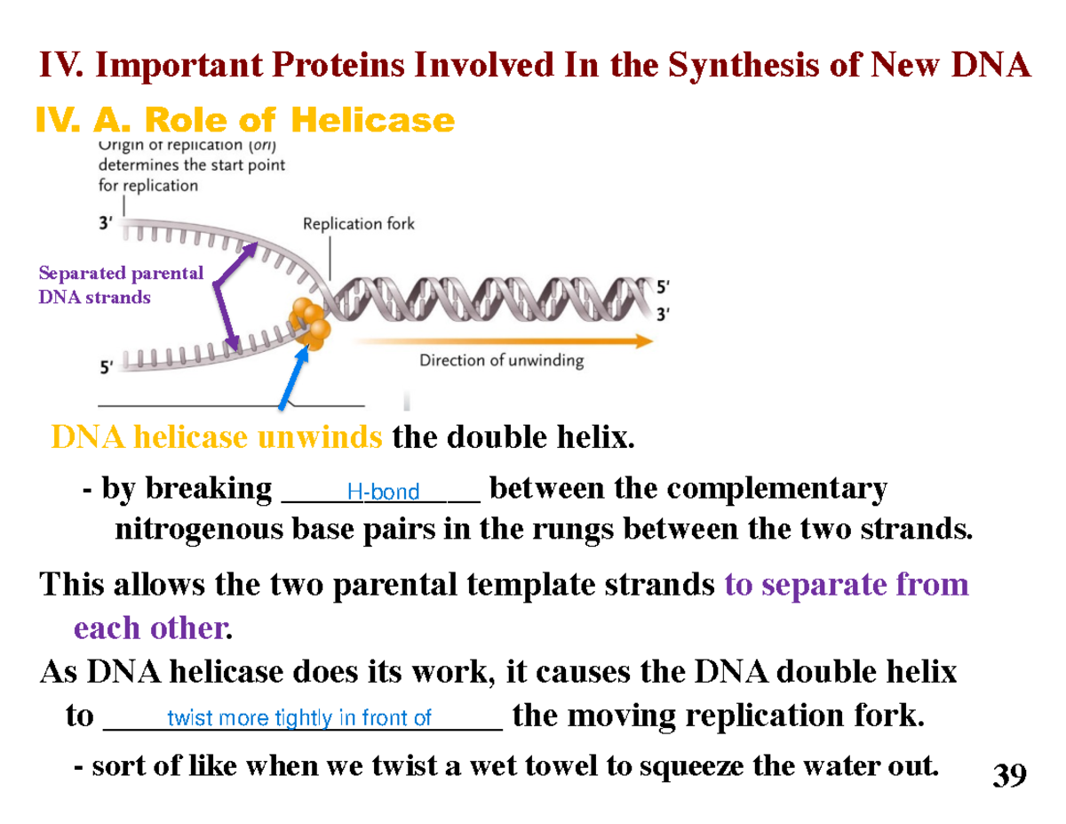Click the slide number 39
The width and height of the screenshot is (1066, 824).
[1009, 776]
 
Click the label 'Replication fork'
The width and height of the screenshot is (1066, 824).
[359, 224]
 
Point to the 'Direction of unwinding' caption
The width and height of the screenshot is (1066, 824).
[501, 361]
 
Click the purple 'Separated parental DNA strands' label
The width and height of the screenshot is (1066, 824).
[121, 284]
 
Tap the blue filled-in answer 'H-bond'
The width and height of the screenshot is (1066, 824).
[383, 492]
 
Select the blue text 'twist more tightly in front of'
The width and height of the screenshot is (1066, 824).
[299, 718]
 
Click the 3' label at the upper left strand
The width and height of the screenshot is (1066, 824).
[106, 224]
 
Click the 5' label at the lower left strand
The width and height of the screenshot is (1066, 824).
[106, 365]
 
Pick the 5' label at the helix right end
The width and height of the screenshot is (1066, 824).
[663, 287]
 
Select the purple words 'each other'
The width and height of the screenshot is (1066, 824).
[147, 628]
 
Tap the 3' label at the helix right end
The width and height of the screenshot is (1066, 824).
[663, 313]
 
